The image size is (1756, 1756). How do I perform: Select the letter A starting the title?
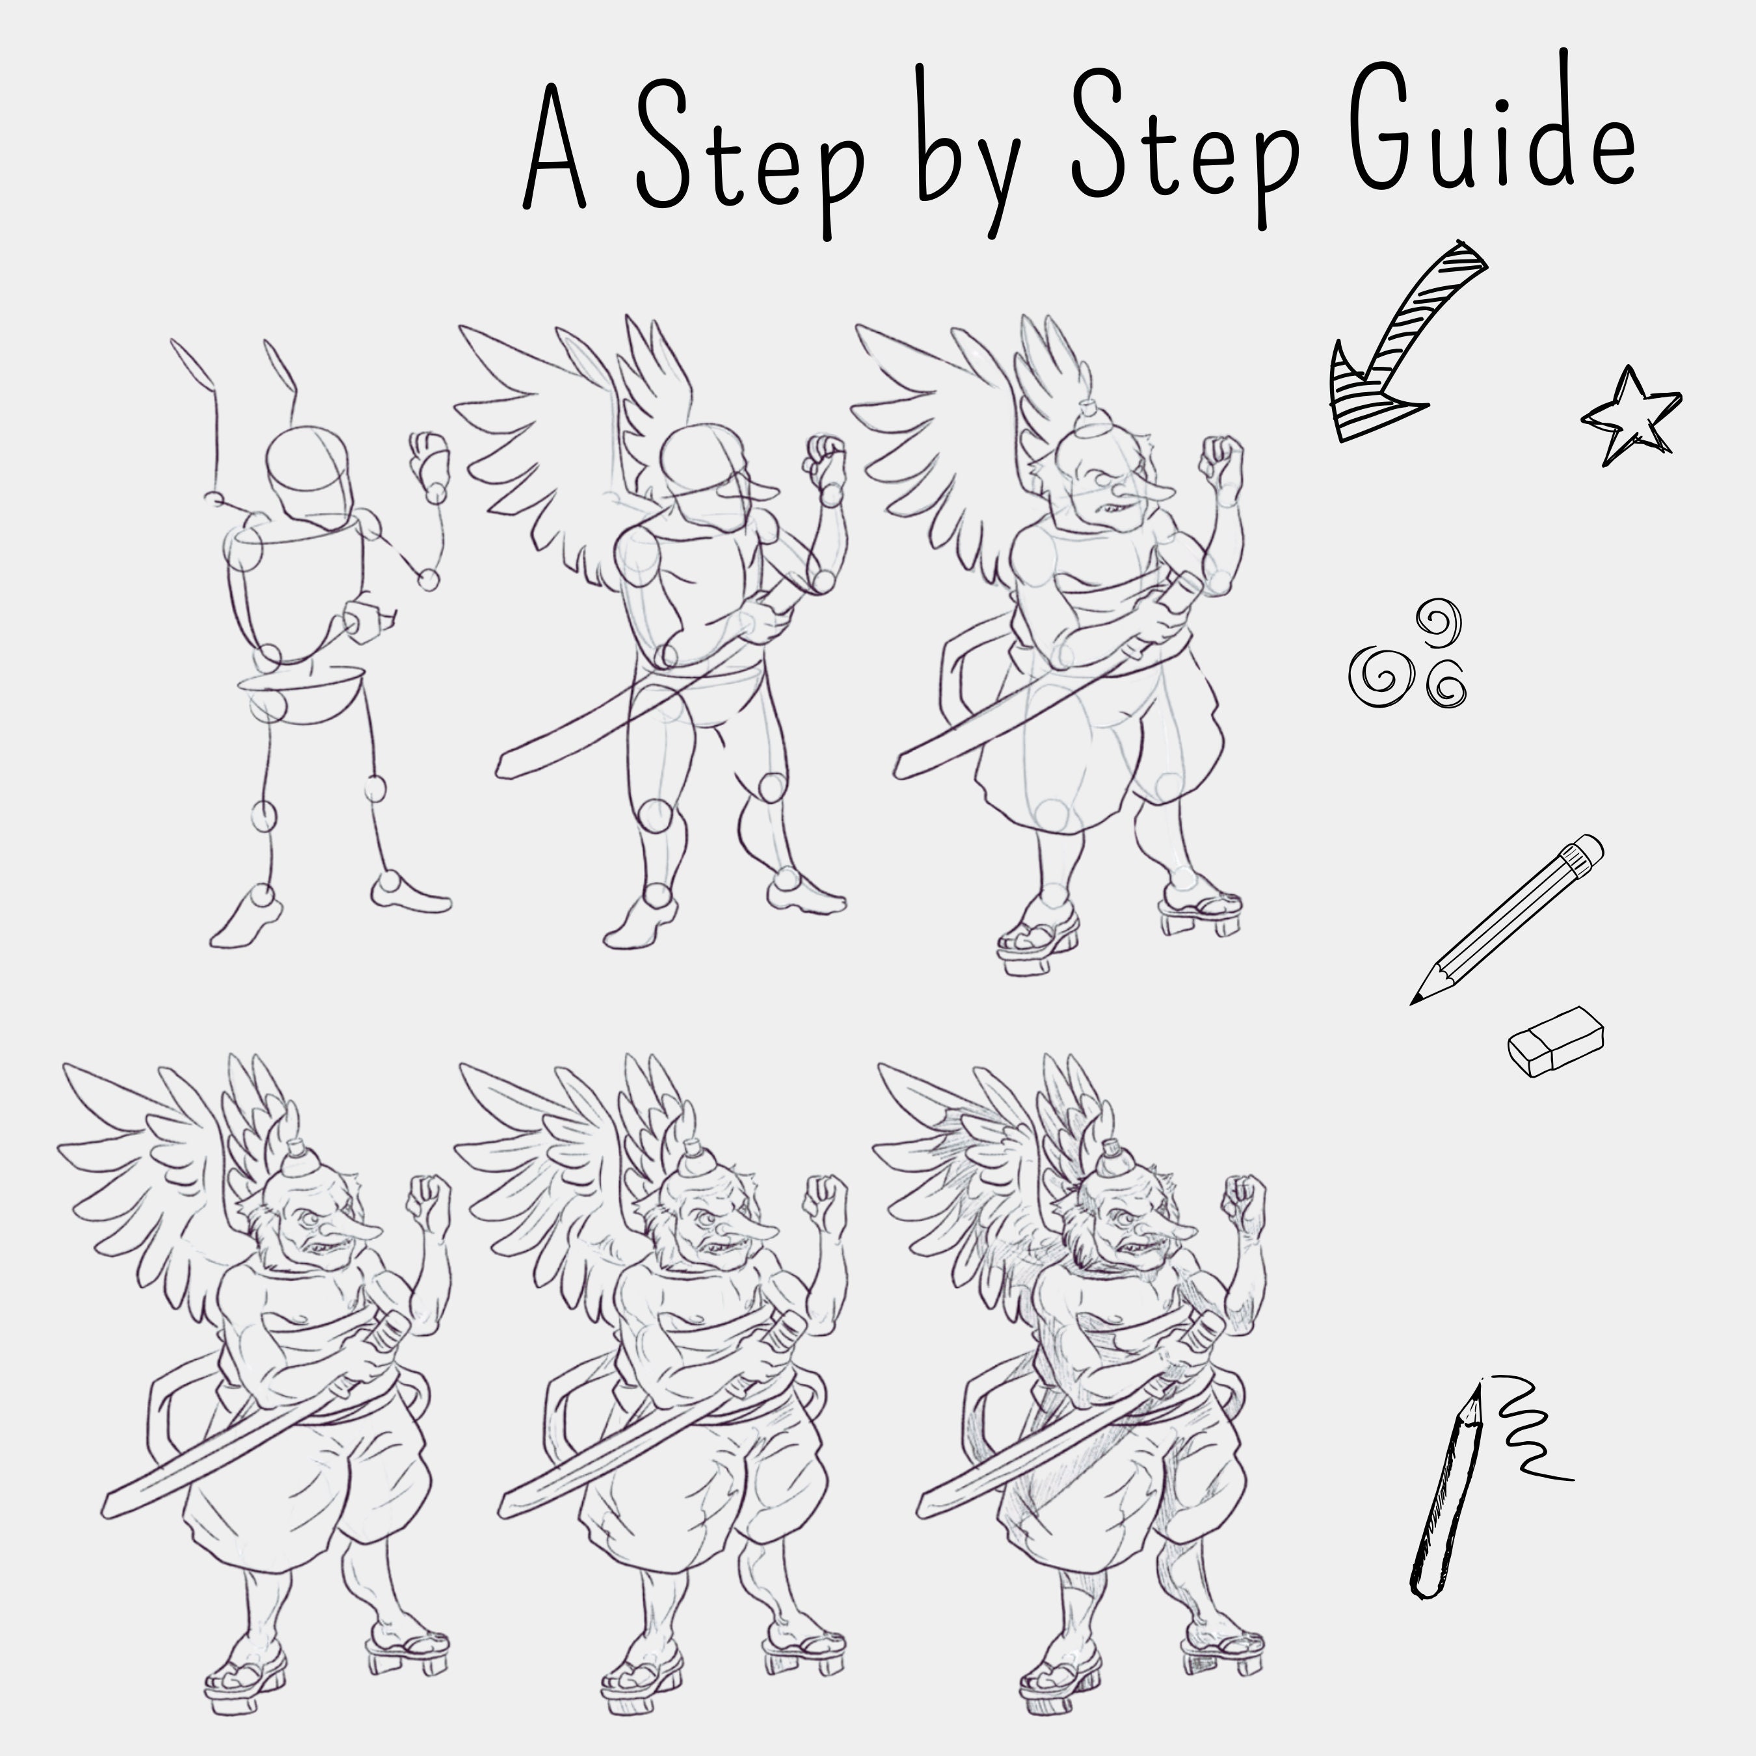(x=554, y=146)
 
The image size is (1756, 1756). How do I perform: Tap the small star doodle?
(x=1632, y=416)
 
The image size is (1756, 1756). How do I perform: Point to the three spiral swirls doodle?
(x=1407, y=654)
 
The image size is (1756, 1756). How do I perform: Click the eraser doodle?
(x=1555, y=1043)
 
